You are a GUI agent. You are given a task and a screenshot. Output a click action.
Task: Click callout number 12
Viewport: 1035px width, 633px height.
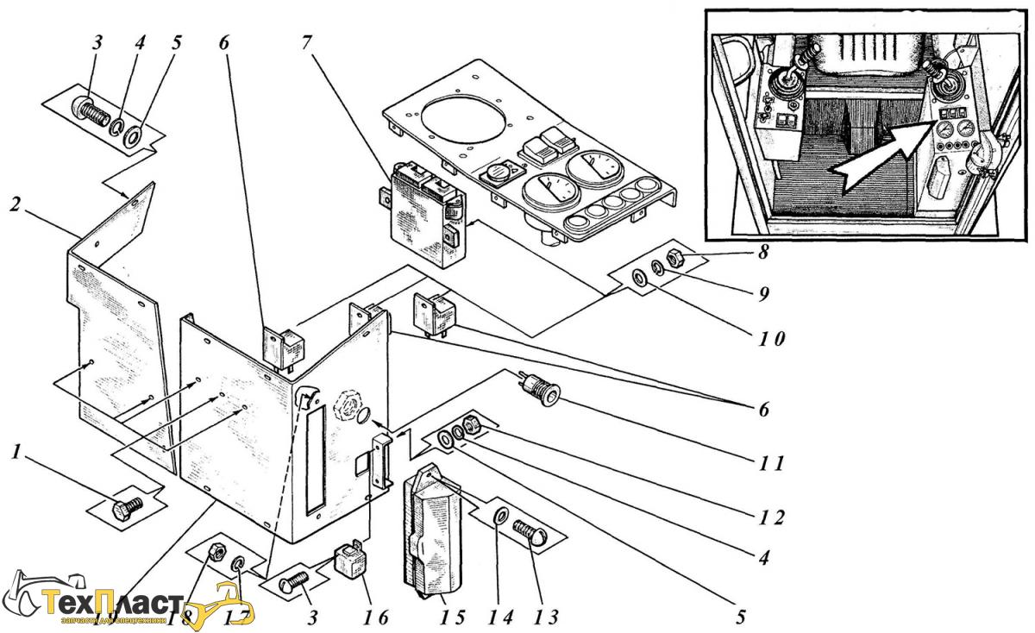pos(772,517)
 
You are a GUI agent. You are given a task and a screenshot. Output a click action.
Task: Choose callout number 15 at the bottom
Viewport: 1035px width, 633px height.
pos(453,617)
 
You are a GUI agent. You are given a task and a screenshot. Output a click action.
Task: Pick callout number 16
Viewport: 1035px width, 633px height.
pos(376,617)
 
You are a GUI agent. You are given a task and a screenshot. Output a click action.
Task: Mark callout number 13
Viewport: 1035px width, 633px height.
pos(545,617)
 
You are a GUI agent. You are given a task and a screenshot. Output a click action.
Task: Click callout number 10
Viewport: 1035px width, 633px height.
pos(772,338)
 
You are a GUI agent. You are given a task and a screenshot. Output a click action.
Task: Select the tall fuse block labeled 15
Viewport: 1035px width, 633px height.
pos(431,535)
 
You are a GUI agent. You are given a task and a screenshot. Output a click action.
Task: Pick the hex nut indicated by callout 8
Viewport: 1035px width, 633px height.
pos(677,256)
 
